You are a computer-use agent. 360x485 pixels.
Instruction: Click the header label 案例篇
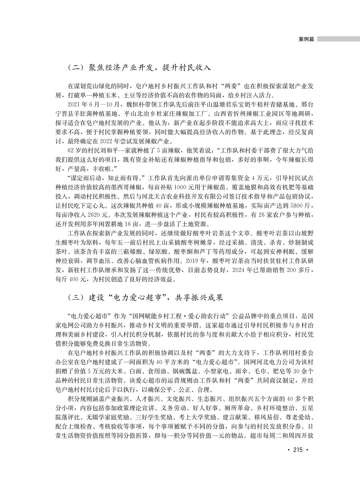306,39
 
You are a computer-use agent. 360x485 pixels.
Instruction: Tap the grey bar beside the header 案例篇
338,39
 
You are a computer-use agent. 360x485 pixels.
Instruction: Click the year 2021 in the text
74,104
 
